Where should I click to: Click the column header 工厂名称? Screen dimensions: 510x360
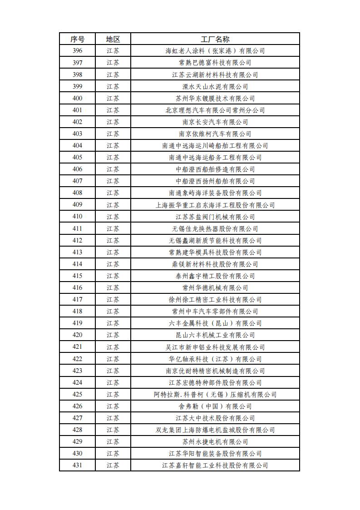(x=215, y=39)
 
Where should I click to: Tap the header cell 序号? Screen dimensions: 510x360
(x=77, y=39)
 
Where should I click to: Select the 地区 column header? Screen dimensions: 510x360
(x=113, y=39)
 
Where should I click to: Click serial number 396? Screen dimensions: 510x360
(x=77, y=51)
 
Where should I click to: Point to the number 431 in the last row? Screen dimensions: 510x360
(x=77, y=465)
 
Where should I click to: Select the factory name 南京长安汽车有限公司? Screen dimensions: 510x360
(x=215, y=122)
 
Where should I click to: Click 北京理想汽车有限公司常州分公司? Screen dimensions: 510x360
(x=215, y=110)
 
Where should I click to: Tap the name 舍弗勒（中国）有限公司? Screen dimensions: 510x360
(x=215, y=406)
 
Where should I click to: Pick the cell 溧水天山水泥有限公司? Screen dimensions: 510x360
(x=215, y=86)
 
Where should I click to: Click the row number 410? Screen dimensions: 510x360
(x=77, y=217)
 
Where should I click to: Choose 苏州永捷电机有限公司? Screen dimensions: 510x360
(x=215, y=441)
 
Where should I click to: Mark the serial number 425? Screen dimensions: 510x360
(x=77, y=394)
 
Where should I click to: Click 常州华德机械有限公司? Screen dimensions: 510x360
(x=215, y=287)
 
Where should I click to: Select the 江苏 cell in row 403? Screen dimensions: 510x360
(x=113, y=134)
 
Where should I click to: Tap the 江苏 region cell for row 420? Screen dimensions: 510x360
(x=113, y=335)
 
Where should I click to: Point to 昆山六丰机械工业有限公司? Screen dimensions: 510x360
(x=215, y=335)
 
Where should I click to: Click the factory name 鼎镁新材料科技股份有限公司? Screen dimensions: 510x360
(x=215, y=264)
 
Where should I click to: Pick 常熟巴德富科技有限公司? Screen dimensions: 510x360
(x=215, y=63)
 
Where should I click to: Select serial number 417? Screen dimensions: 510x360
(x=77, y=299)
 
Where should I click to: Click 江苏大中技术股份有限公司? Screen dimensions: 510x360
(x=215, y=418)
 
